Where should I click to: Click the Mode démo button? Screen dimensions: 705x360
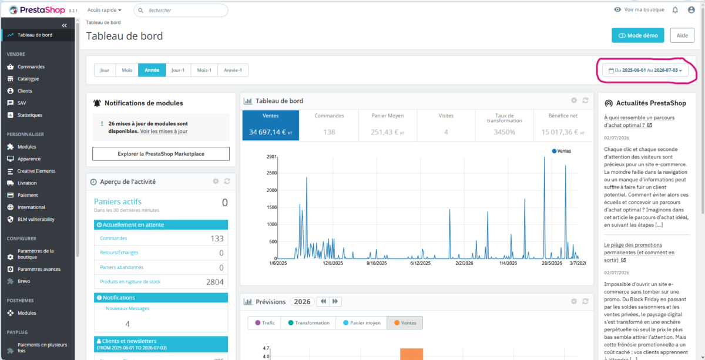(637, 35)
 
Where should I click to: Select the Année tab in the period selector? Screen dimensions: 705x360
(152, 70)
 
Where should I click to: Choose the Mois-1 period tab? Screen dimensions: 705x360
(204, 70)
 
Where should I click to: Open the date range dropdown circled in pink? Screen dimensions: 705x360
(645, 70)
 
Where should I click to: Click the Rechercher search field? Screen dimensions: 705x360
(181, 11)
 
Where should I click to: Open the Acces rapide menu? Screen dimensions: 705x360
(104, 10)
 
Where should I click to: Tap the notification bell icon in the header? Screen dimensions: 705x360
(675, 10)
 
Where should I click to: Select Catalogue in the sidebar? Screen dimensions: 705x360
(28, 79)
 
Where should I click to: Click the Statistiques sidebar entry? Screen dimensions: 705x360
(29, 115)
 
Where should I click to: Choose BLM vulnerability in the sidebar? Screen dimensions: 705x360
(36, 219)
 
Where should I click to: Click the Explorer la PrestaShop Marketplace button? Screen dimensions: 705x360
(161, 153)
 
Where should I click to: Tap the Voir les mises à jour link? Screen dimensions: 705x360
(164, 131)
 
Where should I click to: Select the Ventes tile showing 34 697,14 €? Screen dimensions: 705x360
(271, 125)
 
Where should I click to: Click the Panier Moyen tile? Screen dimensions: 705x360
(387, 125)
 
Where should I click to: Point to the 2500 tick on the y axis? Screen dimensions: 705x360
(271, 173)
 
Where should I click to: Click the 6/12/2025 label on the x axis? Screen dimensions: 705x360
(420, 263)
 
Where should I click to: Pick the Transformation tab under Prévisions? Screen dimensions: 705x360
(308, 322)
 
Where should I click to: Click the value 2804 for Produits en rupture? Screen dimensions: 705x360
(214, 282)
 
